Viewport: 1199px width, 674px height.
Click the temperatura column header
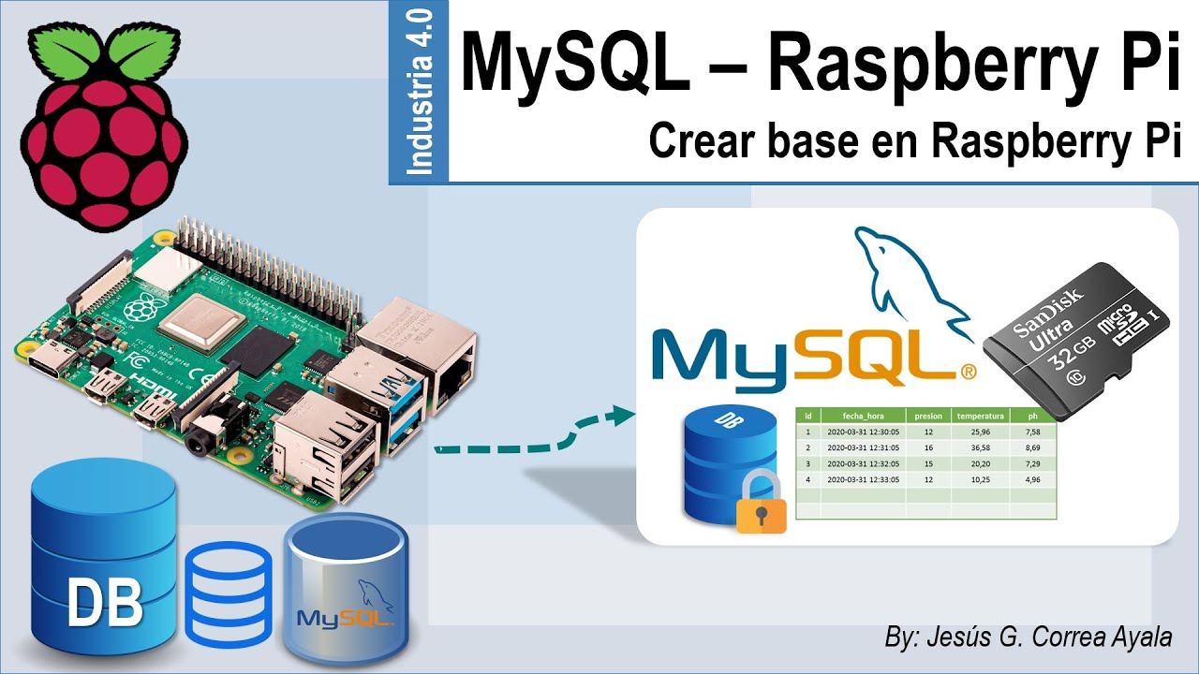980,416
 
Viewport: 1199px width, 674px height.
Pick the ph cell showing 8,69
1033,447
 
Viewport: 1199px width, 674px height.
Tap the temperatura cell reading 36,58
980,447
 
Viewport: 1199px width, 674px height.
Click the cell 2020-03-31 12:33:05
863,479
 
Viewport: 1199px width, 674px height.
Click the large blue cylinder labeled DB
104,556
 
